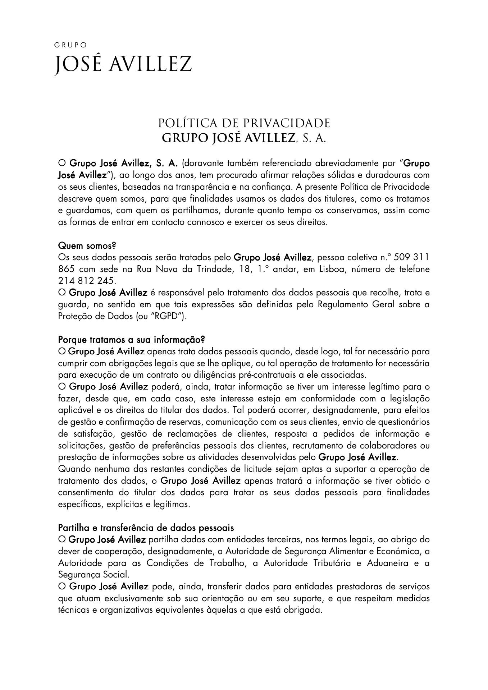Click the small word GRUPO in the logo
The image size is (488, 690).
[70, 45]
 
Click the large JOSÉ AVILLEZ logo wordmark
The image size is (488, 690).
[123, 65]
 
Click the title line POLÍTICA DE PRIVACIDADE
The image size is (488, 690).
[244, 123]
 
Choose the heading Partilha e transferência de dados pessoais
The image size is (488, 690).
[146, 528]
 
